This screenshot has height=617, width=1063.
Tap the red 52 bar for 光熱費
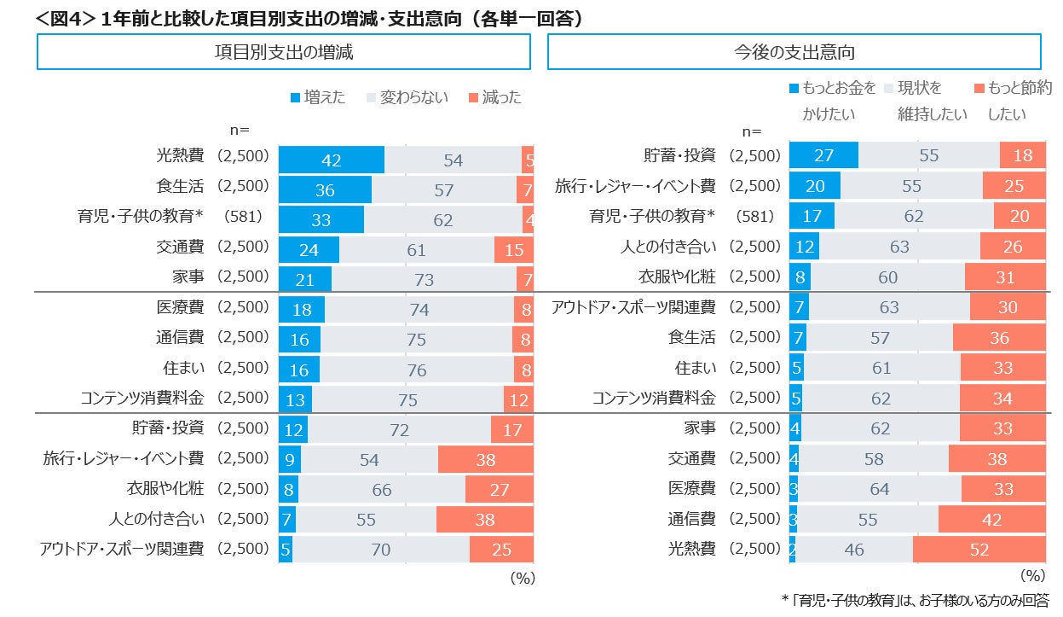(x=979, y=550)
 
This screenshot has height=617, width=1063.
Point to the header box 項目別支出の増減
(x=283, y=52)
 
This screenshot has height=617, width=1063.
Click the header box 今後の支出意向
(x=794, y=52)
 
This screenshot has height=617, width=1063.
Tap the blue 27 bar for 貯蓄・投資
(x=823, y=155)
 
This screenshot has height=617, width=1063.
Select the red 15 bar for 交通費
(x=514, y=250)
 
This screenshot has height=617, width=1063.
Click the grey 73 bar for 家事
(x=424, y=279)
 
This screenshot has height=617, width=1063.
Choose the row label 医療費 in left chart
(x=180, y=307)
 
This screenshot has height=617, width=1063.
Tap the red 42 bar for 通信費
(x=991, y=519)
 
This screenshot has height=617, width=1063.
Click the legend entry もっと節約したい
(x=1014, y=100)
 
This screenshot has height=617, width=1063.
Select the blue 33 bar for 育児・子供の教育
(x=321, y=219)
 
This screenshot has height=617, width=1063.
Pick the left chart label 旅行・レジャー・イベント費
(x=124, y=458)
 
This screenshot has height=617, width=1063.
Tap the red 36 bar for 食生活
(x=999, y=337)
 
